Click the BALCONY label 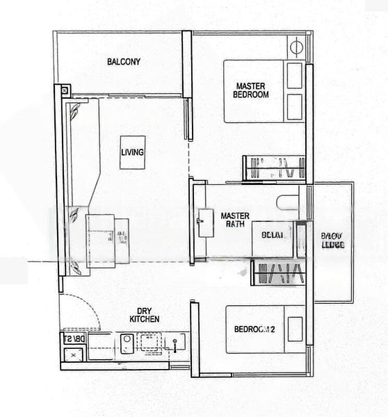point(124,62)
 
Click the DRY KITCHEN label point(145,314)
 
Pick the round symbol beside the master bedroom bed point(295,48)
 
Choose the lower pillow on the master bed point(295,106)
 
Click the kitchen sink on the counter point(127,342)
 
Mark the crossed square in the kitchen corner point(70,354)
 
